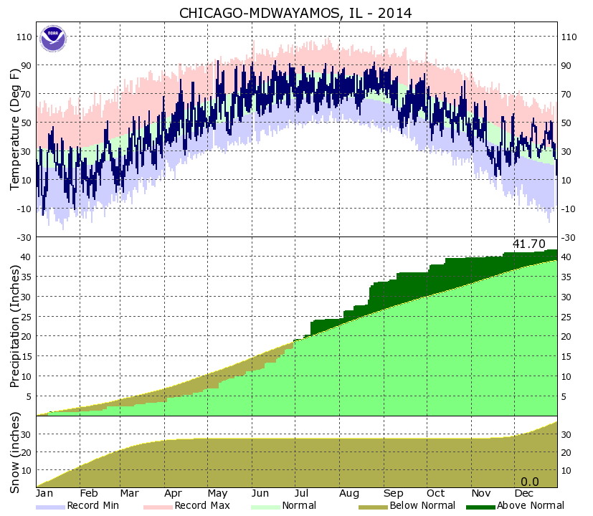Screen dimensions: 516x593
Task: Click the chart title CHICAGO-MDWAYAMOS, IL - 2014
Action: coord(295,13)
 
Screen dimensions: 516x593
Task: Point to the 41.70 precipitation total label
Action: coord(528,244)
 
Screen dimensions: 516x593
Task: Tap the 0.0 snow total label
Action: coord(529,482)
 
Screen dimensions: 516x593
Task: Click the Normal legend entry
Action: coord(297,506)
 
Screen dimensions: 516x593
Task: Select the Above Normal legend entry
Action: coord(529,506)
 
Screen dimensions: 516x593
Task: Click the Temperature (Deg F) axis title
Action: coord(15,130)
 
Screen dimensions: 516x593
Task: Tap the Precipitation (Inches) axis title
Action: coord(15,326)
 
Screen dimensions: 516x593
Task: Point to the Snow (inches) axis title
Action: coord(15,451)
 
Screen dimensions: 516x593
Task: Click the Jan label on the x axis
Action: coord(45,494)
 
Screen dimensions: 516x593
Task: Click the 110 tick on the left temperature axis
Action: coord(24,37)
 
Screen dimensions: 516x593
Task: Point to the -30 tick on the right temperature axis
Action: coord(569,237)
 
